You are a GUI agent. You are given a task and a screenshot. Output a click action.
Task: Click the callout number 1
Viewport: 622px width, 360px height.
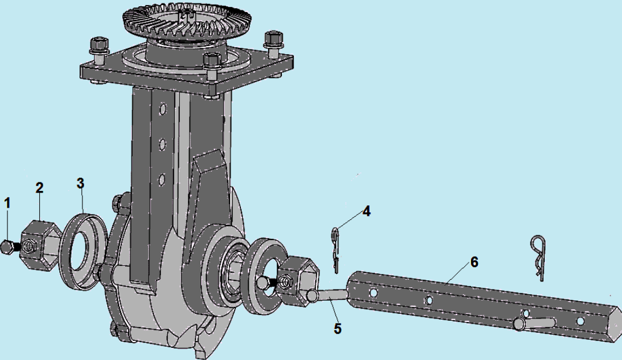7,203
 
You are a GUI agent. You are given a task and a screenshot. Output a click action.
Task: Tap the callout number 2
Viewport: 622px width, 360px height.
39,187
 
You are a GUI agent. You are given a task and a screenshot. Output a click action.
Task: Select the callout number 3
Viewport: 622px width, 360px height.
81,183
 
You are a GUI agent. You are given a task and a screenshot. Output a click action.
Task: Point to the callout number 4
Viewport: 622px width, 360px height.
367,211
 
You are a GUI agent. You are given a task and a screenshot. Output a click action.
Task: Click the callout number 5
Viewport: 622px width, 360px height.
338,329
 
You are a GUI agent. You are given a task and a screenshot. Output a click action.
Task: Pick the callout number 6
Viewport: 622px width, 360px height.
474,262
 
